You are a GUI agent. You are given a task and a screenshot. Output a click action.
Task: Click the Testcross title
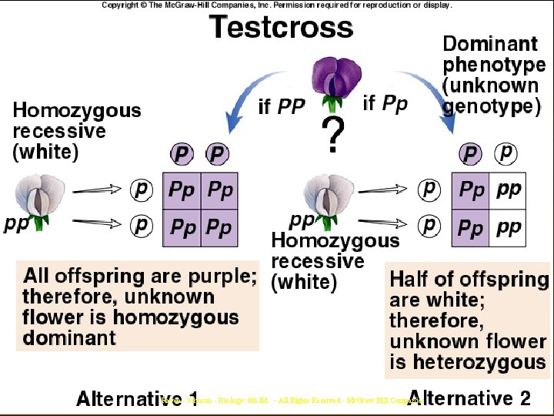click(x=282, y=28)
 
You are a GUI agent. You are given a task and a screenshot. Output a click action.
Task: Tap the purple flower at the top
click(x=332, y=82)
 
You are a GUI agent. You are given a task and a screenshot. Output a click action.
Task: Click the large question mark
click(x=332, y=136)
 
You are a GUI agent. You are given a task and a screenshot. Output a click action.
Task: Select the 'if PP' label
click(x=282, y=107)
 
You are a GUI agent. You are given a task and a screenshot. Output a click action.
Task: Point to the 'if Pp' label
click(x=385, y=102)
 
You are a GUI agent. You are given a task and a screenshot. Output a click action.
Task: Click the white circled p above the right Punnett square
click(x=506, y=153)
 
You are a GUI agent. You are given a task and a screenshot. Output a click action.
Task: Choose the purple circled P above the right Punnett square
click(x=469, y=155)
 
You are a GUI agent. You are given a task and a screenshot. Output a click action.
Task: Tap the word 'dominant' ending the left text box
click(x=69, y=337)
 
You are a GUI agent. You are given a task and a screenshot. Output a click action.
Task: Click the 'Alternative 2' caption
click(x=470, y=398)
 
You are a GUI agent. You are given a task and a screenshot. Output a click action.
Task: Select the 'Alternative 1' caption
click(x=137, y=399)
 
